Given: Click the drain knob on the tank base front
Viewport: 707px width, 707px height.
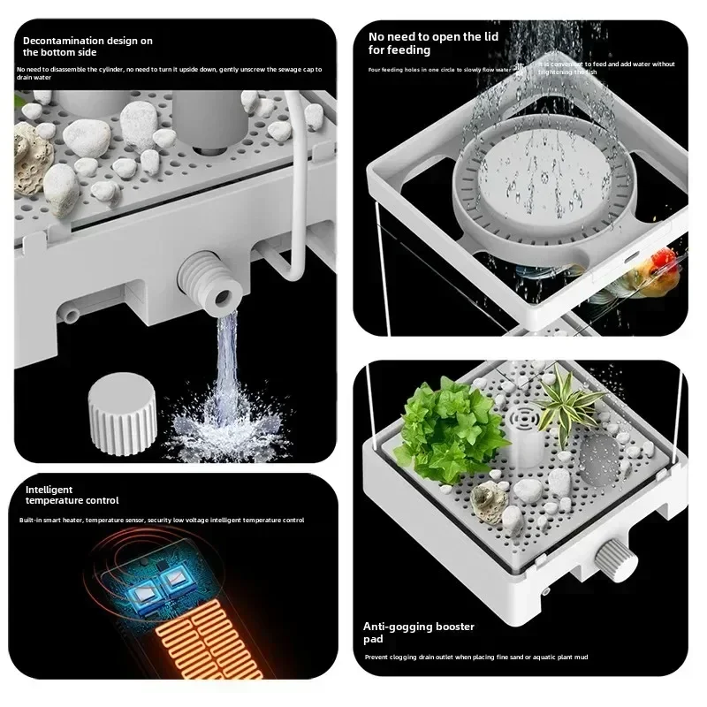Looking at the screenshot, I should [x=609, y=559].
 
